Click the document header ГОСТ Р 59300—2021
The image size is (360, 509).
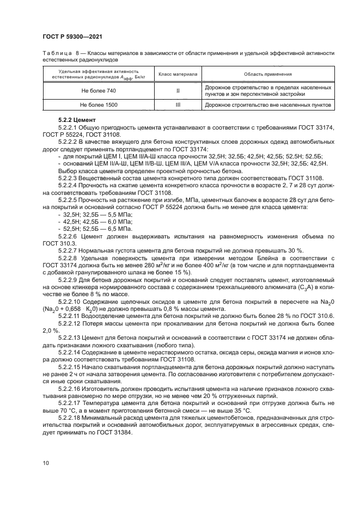point(73,37)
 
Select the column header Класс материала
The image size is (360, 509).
point(178,74)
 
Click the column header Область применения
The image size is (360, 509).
point(267,74)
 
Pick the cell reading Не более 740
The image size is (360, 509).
point(99,90)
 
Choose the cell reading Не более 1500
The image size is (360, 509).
point(99,103)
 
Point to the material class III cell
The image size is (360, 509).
point(178,103)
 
